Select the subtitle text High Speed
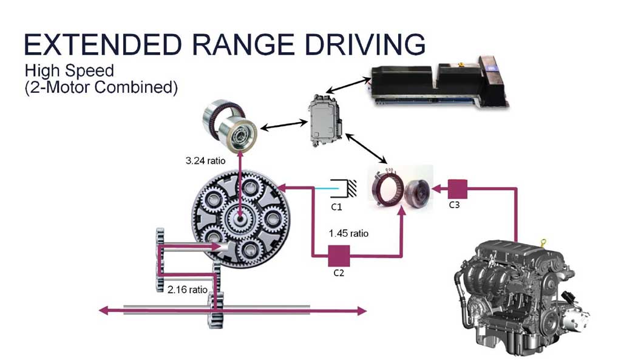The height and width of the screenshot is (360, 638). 61,70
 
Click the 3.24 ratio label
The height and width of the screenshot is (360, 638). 206,162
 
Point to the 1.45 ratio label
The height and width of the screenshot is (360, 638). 348,233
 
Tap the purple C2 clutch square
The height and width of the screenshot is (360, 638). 338,254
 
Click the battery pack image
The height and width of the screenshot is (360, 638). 437,80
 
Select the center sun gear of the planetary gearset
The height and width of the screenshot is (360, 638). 240,217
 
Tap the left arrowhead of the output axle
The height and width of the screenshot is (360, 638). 104,311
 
